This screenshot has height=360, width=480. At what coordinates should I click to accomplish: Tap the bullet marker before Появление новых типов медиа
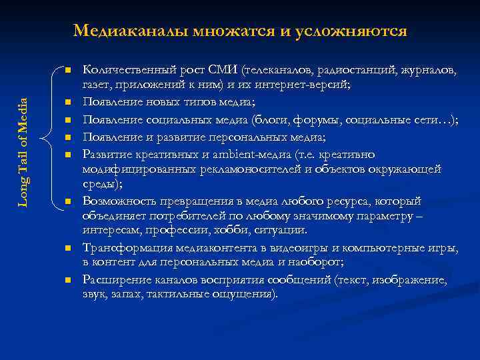tap(68, 102)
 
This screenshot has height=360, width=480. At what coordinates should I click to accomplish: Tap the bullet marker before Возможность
tap(68, 201)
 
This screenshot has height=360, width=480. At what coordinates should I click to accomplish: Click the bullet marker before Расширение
tap(68, 280)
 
